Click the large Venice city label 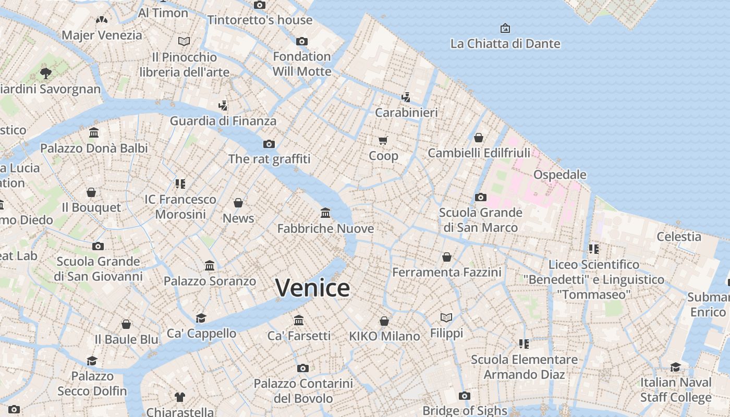tap(312, 288)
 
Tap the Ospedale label tap(559, 175)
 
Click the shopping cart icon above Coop tap(383, 140)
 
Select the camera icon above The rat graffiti tap(269, 144)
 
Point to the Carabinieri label tap(406, 113)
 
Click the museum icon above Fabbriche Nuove tap(325, 213)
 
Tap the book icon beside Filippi tap(446, 317)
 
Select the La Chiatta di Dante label tap(505, 44)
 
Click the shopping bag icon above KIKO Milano tap(384, 321)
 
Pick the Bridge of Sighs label tap(465, 410)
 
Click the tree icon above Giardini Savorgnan tap(46, 73)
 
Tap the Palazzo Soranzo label tap(210, 281)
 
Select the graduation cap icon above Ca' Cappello tap(201, 318)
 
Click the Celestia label tap(679, 237)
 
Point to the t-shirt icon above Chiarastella tap(180, 397)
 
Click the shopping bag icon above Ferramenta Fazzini tap(446, 257)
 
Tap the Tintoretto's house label tap(260, 20)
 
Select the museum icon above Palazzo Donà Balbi tap(94, 133)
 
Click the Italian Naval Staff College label tap(675, 390)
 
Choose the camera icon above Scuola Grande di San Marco tap(480, 197)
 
